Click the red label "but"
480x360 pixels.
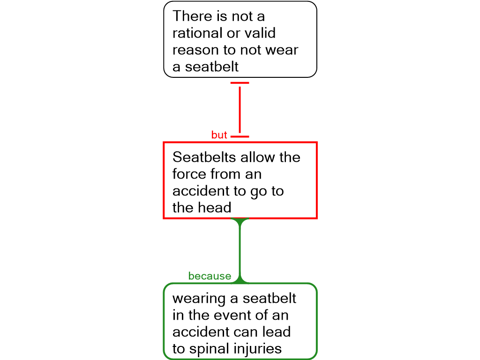tap(219, 135)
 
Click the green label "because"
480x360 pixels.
tap(210, 276)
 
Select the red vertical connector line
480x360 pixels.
tap(240, 110)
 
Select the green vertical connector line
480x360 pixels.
tap(240, 250)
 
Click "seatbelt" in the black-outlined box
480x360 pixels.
tap(211, 67)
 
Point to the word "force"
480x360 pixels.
tap(189, 174)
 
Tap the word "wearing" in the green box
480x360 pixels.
tap(199, 299)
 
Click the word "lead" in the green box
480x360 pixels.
tap(277, 332)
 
